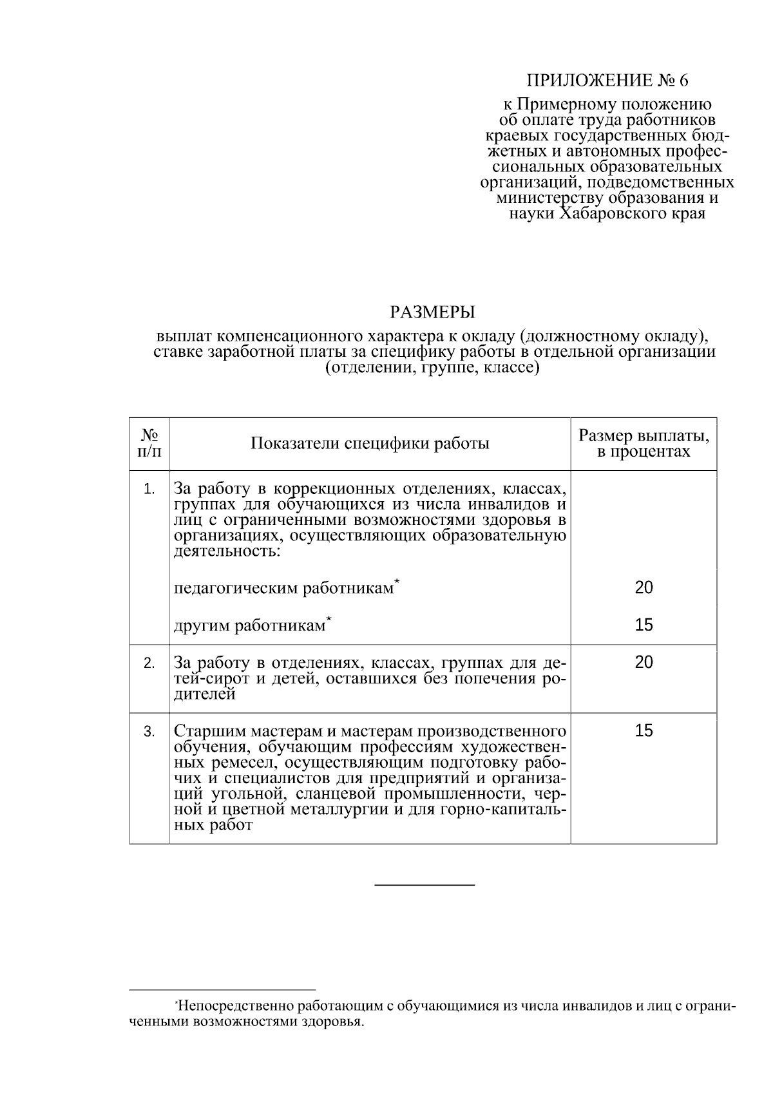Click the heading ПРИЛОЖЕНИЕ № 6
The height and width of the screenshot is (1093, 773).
pyautogui.click(x=607, y=81)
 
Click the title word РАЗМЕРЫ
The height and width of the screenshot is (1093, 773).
pyautogui.click(x=432, y=313)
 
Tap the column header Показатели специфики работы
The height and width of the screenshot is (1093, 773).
pyautogui.click(x=370, y=444)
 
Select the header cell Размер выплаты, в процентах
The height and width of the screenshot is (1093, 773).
pyautogui.click(x=644, y=444)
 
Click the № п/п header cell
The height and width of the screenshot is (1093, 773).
pyautogui.click(x=149, y=444)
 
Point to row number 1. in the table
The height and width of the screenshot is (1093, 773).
pyautogui.click(x=149, y=489)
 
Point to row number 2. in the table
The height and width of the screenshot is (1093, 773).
pyautogui.click(x=149, y=663)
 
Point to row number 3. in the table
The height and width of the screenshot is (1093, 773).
pyautogui.click(x=149, y=732)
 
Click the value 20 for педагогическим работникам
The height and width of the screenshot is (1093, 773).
pyautogui.click(x=644, y=587)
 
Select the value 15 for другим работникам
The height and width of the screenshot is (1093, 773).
pyautogui.click(x=644, y=625)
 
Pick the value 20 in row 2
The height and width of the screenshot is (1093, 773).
pyautogui.click(x=644, y=662)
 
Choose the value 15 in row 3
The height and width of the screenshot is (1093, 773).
pyautogui.click(x=644, y=730)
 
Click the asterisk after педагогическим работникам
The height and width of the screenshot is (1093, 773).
pyautogui.click(x=397, y=582)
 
